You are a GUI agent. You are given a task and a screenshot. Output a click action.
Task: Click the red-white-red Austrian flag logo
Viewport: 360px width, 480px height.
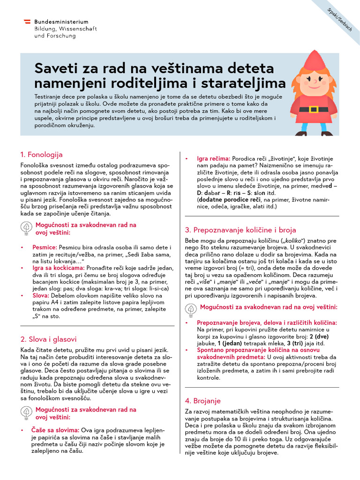(27, 22)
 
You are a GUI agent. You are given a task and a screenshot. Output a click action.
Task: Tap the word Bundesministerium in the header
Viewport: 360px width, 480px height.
(61, 22)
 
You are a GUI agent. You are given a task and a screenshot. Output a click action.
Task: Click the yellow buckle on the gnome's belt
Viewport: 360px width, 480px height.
(314, 110)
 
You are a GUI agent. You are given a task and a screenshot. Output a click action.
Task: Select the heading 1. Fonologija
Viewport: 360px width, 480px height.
(41, 154)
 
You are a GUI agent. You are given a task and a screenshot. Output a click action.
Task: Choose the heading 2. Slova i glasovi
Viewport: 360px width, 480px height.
(48, 339)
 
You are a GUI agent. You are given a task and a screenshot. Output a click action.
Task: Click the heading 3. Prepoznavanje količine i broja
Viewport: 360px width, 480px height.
(240, 230)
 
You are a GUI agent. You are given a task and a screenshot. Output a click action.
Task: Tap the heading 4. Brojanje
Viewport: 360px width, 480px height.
(202, 401)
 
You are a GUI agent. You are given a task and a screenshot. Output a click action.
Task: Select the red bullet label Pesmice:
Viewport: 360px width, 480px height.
(45, 247)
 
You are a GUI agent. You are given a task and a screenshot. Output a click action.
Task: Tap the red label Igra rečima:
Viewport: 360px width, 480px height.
(213, 159)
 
